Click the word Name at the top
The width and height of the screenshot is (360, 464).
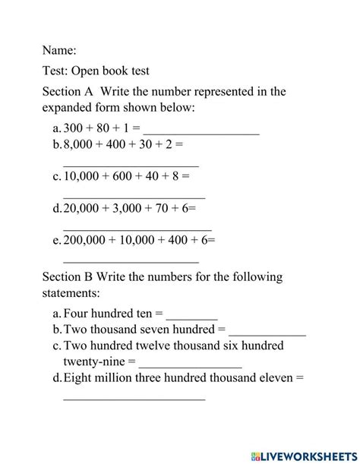59,50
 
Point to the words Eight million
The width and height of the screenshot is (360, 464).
95,377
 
